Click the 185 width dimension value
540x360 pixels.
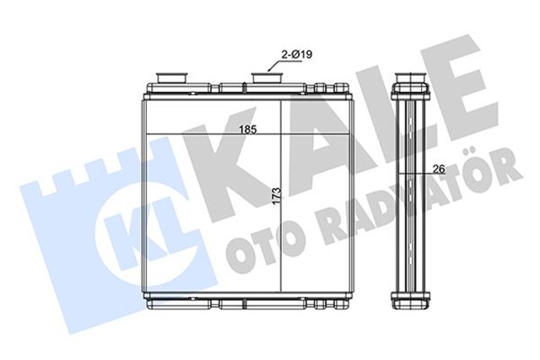[248, 129]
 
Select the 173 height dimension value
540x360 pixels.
[277, 196]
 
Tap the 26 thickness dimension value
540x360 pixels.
[439, 169]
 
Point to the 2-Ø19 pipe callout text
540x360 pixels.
[297, 54]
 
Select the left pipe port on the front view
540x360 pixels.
[172, 78]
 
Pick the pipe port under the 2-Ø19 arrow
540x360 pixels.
[267, 78]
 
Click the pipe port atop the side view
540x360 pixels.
[411, 78]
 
